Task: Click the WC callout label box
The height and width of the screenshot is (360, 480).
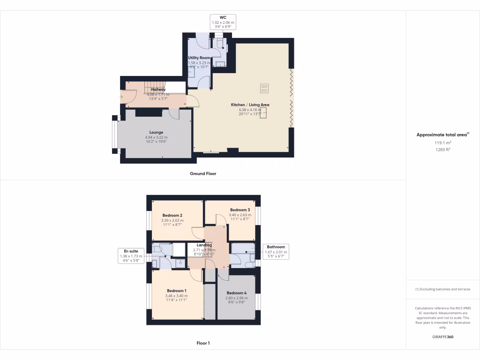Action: coord(223,22)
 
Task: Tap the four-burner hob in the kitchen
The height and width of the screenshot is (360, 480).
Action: coord(264,88)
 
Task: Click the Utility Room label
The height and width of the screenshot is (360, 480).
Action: coord(199,58)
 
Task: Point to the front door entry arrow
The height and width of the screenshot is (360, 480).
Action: coord(122,97)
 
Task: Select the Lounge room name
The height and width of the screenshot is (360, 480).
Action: coord(156,132)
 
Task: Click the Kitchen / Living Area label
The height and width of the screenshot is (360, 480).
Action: coord(250,105)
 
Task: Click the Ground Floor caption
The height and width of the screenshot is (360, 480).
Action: coord(202,173)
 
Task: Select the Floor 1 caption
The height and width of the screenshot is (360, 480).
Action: coord(203,343)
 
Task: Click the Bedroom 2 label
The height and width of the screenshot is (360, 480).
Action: coord(172,215)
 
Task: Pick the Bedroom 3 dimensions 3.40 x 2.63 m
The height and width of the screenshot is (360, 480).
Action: coord(240,215)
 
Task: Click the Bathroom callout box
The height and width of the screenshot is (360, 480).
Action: coord(276,252)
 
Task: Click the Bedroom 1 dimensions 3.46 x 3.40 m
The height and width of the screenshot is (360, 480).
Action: coord(176,296)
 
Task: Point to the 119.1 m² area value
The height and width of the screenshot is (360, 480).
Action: coord(442,142)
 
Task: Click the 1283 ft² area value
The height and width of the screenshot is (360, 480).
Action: coord(442,150)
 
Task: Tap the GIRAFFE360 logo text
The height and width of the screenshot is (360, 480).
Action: coord(442,337)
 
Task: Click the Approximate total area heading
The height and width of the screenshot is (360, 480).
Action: coord(442,135)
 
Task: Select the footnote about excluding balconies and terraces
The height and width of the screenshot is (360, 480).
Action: coord(442,289)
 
